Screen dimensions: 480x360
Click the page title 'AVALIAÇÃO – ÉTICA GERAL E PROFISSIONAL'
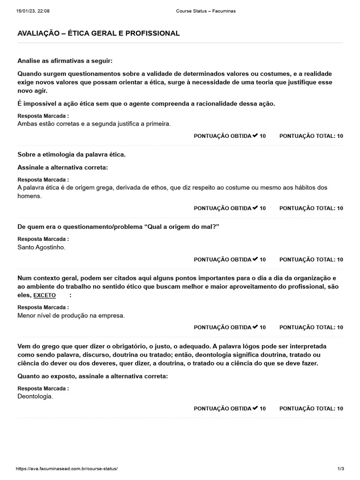[x=98, y=33]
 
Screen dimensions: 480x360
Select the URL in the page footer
[x=67, y=468]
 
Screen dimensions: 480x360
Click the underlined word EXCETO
[x=45, y=295]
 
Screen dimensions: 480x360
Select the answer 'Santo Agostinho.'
[x=41, y=247]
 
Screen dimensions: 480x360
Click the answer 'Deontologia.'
[x=35, y=397]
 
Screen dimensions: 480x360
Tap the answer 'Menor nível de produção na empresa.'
[x=71, y=316]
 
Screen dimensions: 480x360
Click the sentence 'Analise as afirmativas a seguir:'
[x=65, y=61]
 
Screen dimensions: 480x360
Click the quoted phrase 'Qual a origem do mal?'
[x=183, y=227]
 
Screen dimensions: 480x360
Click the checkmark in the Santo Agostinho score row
[x=255, y=259]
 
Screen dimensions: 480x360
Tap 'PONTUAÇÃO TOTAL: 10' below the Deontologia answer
[x=311, y=409]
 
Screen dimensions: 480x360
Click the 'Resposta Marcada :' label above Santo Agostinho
[x=43, y=239]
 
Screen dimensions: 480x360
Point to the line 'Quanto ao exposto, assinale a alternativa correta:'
[x=92, y=376]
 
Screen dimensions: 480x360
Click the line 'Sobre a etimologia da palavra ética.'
[x=71, y=154]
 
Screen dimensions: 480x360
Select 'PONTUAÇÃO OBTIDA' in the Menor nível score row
[x=222, y=327]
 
